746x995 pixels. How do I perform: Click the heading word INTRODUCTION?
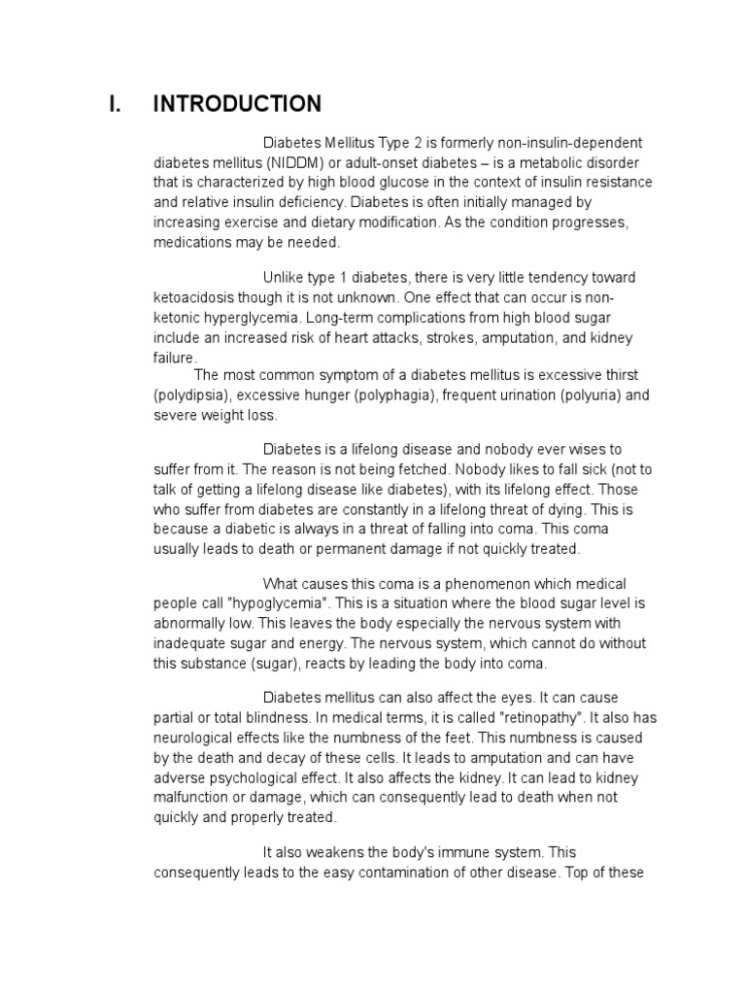[237, 104]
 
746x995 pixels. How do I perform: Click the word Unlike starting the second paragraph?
[284, 278]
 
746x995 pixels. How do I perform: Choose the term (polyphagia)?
[389, 395]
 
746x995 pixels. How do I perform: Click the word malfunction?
[192, 797]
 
